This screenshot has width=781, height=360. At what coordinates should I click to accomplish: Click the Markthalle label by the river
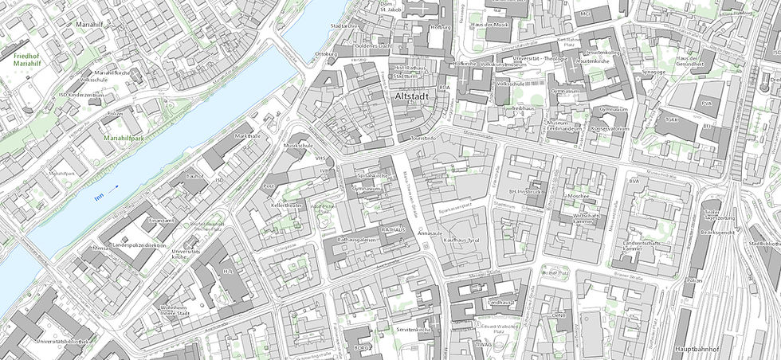249,136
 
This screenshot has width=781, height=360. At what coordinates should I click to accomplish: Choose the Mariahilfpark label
122,138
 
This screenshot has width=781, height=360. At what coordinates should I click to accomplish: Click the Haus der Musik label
490,25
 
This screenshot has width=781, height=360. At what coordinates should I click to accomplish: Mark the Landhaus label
497,303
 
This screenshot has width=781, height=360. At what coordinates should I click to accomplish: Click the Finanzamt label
160,219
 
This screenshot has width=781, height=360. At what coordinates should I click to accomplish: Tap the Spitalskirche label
371,175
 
